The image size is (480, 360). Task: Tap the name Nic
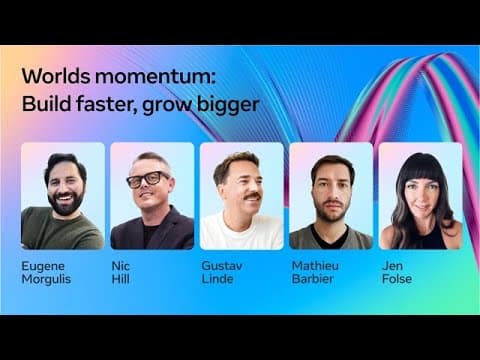tap(119, 266)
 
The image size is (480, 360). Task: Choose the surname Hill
tap(119, 282)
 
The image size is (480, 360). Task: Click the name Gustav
tap(221, 266)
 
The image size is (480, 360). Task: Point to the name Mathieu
tap(314, 266)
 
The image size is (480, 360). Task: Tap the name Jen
tap(391, 266)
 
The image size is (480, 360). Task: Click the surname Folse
tap(394, 282)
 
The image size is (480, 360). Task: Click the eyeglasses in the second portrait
tap(148, 180)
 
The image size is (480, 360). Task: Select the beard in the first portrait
tap(63, 200)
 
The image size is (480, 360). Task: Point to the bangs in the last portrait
tap(420, 169)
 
